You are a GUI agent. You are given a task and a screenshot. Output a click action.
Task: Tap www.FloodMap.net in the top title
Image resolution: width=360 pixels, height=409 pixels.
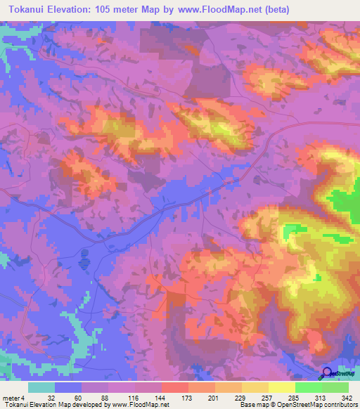coord(214,10)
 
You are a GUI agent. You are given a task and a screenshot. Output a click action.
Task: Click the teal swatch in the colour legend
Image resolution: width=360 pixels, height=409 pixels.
coord(41,387)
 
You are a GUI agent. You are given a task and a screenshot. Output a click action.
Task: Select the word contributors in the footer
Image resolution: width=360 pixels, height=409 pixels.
coord(338,405)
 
